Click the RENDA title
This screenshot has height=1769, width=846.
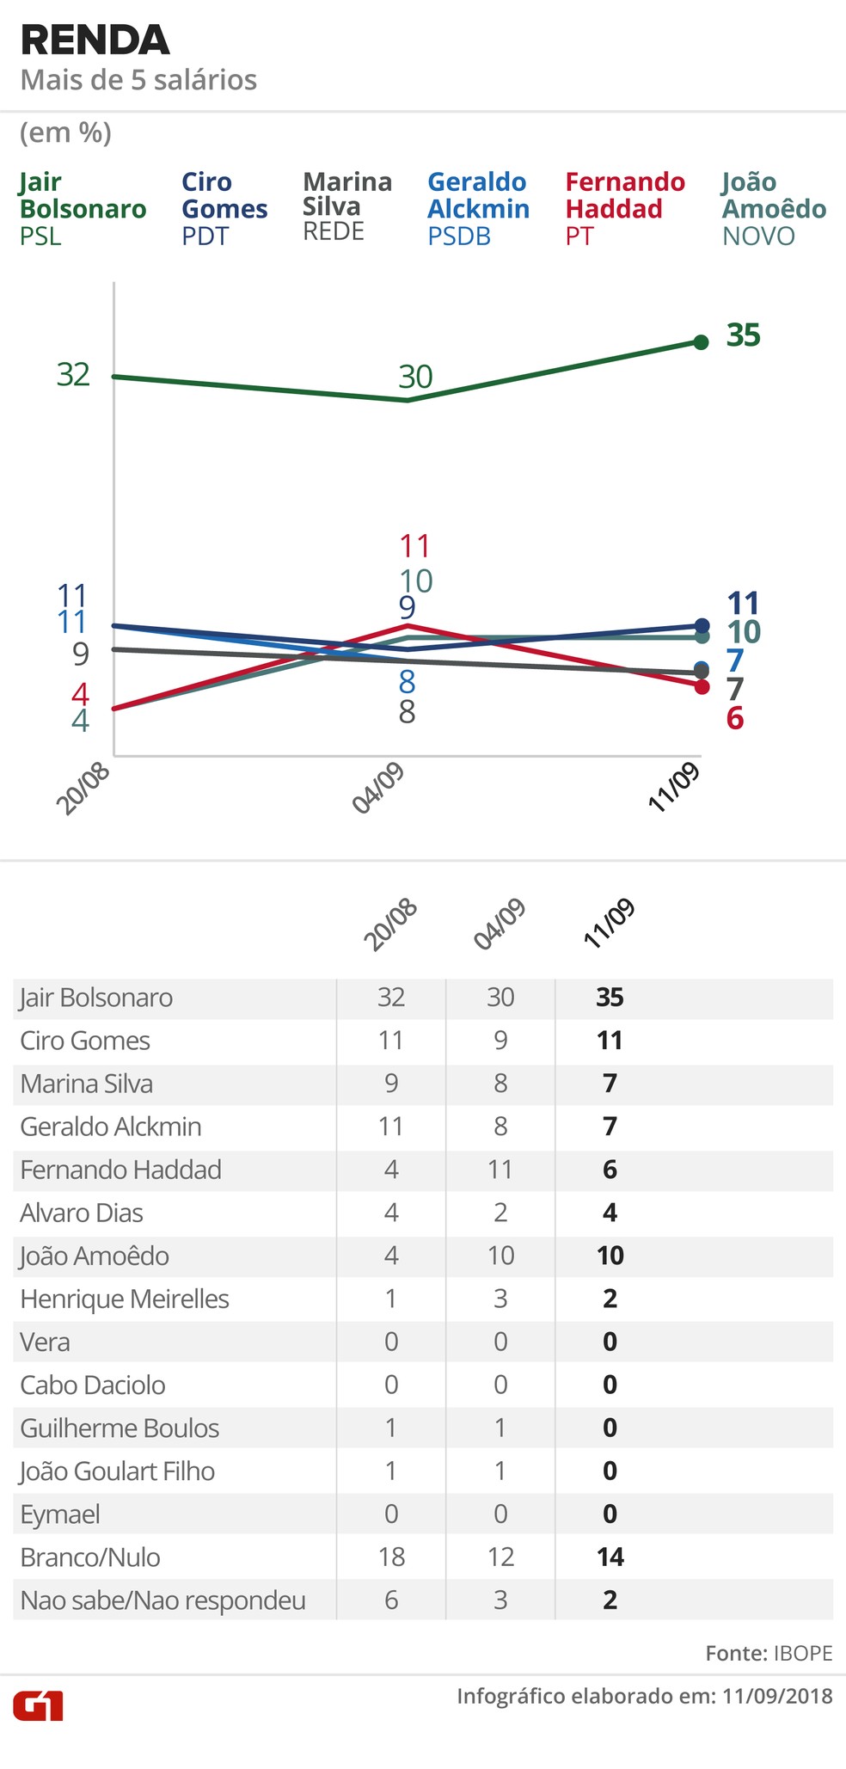(x=95, y=40)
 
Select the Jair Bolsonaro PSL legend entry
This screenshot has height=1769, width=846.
(x=83, y=208)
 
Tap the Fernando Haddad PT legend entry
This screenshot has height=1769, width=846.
(x=625, y=208)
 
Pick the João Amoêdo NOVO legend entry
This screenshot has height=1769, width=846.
(x=774, y=208)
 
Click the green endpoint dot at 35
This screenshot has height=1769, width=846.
(x=701, y=342)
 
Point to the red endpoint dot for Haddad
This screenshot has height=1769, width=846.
(x=701, y=686)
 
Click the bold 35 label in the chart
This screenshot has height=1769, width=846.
(x=743, y=335)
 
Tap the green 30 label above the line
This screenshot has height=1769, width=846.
(x=415, y=377)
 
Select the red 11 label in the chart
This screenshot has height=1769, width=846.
(x=415, y=546)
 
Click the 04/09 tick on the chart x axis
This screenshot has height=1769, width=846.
(x=378, y=789)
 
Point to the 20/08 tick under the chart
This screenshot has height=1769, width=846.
(x=84, y=789)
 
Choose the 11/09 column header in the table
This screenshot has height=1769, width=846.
(x=609, y=924)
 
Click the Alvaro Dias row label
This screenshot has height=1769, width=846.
(x=82, y=1213)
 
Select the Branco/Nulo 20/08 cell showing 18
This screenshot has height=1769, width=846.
(x=390, y=1557)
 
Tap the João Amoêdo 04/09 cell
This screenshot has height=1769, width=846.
(x=500, y=1256)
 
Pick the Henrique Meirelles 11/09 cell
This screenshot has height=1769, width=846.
(x=610, y=1299)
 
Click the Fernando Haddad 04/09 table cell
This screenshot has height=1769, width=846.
(x=500, y=1170)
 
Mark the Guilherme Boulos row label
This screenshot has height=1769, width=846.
(x=120, y=1428)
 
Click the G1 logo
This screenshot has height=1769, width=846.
(x=38, y=1705)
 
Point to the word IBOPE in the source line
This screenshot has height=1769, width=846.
(x=803, y=1653)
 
